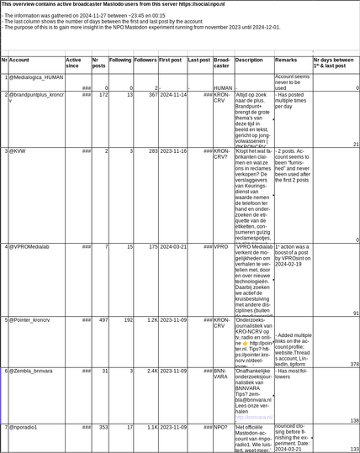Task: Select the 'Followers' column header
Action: coord(145,61)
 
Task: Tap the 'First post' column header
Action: coord(170,61)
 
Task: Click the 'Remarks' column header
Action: coord(286,61)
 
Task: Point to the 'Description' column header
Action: coord(248,61)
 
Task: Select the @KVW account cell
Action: coord(18,151)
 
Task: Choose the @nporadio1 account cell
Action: coord(24,428)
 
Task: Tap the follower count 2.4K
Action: coord(151,371)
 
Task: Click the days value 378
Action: coord(353,364)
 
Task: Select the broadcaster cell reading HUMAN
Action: coord(222,87)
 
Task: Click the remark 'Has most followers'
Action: coord(293,374)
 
